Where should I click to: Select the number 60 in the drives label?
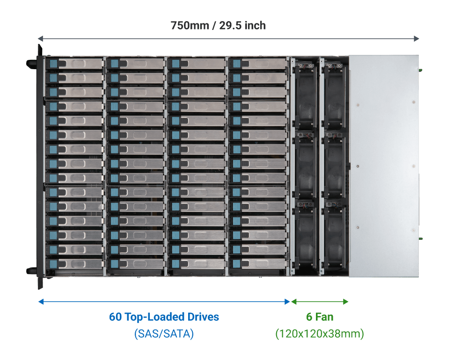coord(115,317)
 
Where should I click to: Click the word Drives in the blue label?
coord(202,317)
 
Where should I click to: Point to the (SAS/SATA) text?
coord(164,334)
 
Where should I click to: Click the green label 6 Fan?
coord(320,317)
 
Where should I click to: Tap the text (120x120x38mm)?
coord(320,334)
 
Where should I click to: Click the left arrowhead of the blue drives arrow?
coord(41,302)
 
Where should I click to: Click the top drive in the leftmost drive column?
coord(74,63)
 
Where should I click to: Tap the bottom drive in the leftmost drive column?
coord(74,264)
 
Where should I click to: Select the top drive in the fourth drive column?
coord(257,63)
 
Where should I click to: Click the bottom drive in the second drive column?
coord(136,264)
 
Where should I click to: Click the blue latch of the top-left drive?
coord(52,63)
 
